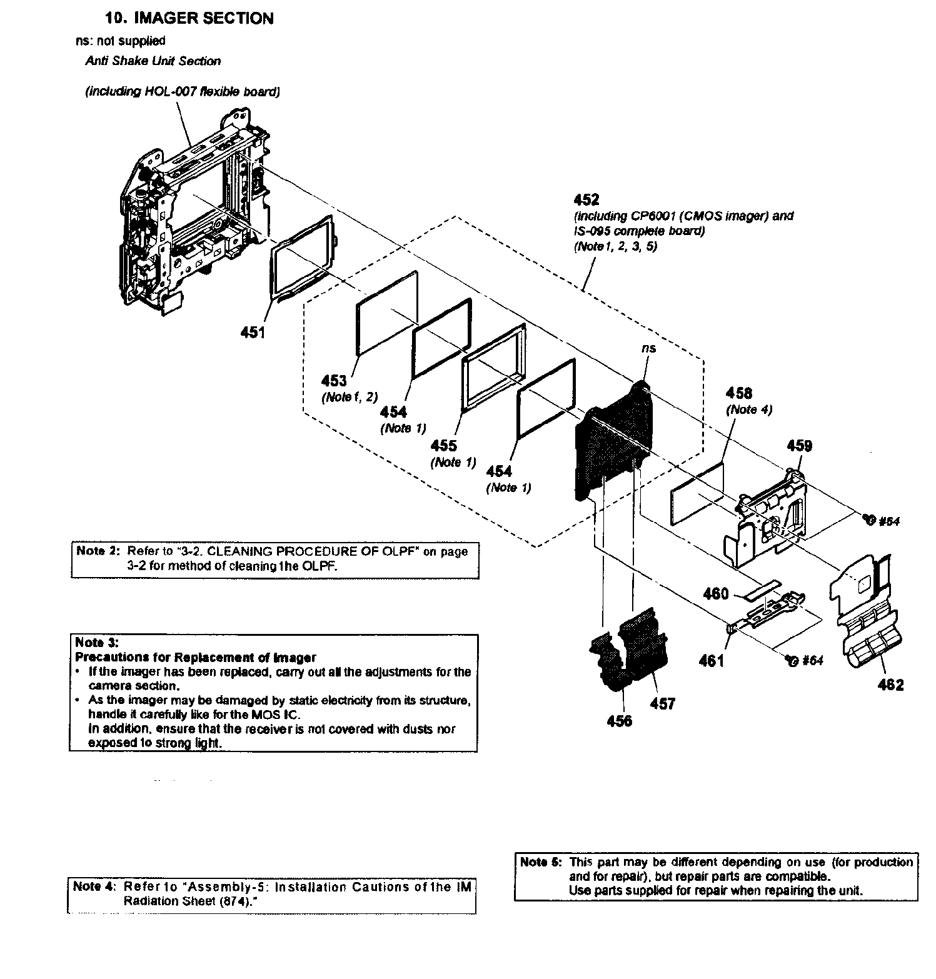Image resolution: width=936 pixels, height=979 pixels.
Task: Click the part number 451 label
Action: [253, 333]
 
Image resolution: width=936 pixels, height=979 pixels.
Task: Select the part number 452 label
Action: [586, 199]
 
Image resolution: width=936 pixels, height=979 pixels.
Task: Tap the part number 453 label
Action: [334, 380]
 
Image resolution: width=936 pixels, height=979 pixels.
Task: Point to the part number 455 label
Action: [443, 446]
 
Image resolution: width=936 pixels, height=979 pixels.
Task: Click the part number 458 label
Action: [738, 393]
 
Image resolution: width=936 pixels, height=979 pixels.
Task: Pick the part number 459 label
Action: [799, 446]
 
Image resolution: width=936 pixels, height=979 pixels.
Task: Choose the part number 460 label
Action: [716, 593]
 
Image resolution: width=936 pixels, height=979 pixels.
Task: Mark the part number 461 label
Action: [711, 660]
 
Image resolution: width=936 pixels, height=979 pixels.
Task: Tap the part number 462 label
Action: [890, 685]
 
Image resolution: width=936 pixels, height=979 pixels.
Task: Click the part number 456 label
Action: [619, 721]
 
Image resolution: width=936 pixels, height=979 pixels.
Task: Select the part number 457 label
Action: [662, 704]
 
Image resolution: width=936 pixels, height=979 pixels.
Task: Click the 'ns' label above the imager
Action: [648, 348]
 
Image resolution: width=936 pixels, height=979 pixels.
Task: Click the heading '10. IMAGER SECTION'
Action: [189, 18]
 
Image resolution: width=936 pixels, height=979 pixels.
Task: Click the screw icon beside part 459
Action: [867, 518]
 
